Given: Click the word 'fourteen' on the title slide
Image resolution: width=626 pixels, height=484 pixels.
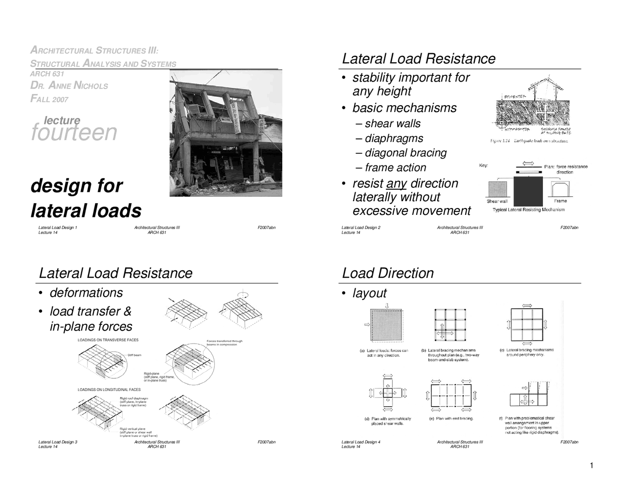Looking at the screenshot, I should pos(74,133).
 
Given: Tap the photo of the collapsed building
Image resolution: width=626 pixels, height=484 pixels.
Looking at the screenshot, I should pos(225,133).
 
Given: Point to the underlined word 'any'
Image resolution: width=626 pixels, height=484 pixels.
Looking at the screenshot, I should pos(396,184).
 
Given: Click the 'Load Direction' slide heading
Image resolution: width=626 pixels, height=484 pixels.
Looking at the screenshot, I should pos(388,273).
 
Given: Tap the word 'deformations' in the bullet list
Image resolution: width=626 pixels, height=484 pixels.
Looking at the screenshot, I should pos(86,293).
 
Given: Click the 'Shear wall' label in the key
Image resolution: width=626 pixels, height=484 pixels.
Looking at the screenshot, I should pos(497,201).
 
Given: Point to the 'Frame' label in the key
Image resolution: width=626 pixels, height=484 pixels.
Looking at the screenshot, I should pos(560,201).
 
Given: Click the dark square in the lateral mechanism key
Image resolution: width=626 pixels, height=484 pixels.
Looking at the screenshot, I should pos(528,191).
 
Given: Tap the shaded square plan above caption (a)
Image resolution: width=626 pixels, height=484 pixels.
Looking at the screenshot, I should pos(386,325).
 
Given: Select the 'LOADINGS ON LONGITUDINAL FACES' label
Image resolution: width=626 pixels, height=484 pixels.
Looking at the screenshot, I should pos(109,390).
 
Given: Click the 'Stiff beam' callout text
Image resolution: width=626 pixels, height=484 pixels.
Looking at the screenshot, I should pos(134,355).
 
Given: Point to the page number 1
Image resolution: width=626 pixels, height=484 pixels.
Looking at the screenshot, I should pos(591,465).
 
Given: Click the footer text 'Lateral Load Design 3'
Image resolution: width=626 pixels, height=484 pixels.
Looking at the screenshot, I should pos(58,442).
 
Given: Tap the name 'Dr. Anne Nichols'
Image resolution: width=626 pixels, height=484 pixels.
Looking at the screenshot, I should pos(69,86).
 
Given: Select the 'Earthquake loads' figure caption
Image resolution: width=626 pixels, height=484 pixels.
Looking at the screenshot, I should pos(529,141).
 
